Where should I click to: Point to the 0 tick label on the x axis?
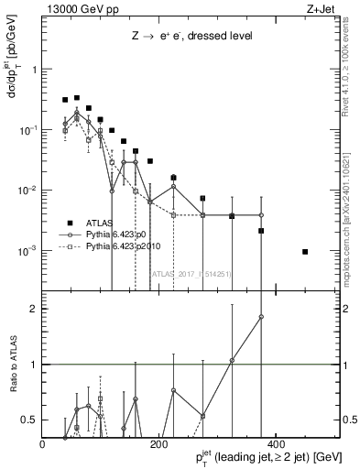point(43,443)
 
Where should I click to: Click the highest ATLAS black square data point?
point(77,97)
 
